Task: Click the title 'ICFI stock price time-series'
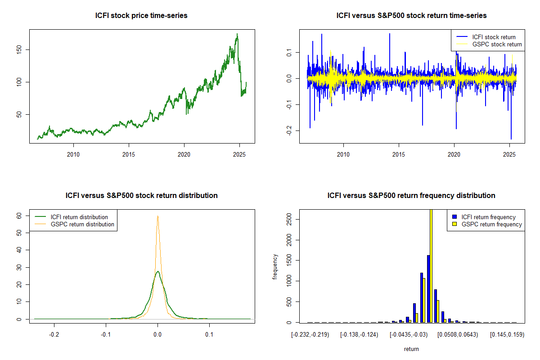[x=141, y=16]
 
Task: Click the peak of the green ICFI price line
[x=237, y=34]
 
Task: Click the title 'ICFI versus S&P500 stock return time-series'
[x=411, y=16]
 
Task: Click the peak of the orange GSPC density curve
[x=157, y=216]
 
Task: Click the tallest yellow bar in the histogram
[x=431, y=265]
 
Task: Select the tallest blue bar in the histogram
[x=428, y=288]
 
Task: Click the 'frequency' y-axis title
[x=275, y=266]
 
